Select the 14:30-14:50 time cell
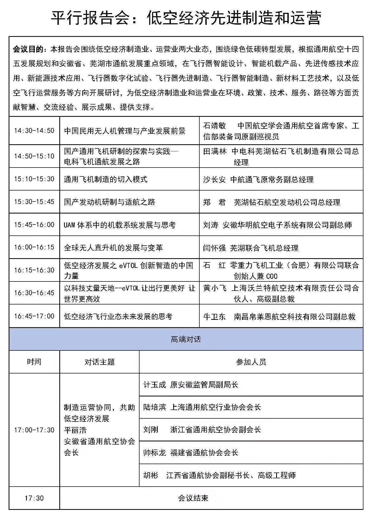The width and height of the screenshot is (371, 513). point(34,131)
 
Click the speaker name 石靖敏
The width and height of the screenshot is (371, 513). point(215,126)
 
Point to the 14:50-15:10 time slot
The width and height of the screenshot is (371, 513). point(34,156)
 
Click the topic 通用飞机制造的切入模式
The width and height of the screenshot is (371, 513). point(106,179)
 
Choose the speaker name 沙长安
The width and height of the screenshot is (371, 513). point(215,180)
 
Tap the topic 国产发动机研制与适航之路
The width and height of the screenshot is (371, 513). point(109,202)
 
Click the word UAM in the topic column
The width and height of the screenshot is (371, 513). point(69,225)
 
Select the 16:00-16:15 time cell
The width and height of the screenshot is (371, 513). point(34,247)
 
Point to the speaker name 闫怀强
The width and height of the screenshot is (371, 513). point(215,248)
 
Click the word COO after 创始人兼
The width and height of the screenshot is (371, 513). point(272,276)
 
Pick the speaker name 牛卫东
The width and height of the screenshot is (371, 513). point(215,317)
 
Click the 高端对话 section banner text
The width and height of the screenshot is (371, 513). point(186,339)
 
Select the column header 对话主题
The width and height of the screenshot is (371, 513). point(100,362)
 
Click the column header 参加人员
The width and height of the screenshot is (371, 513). point(251,362)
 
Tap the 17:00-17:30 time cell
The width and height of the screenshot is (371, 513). point(34,430)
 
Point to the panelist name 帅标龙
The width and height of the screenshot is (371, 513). point(155,453)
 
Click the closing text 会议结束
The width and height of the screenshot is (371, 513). point(193,498)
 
